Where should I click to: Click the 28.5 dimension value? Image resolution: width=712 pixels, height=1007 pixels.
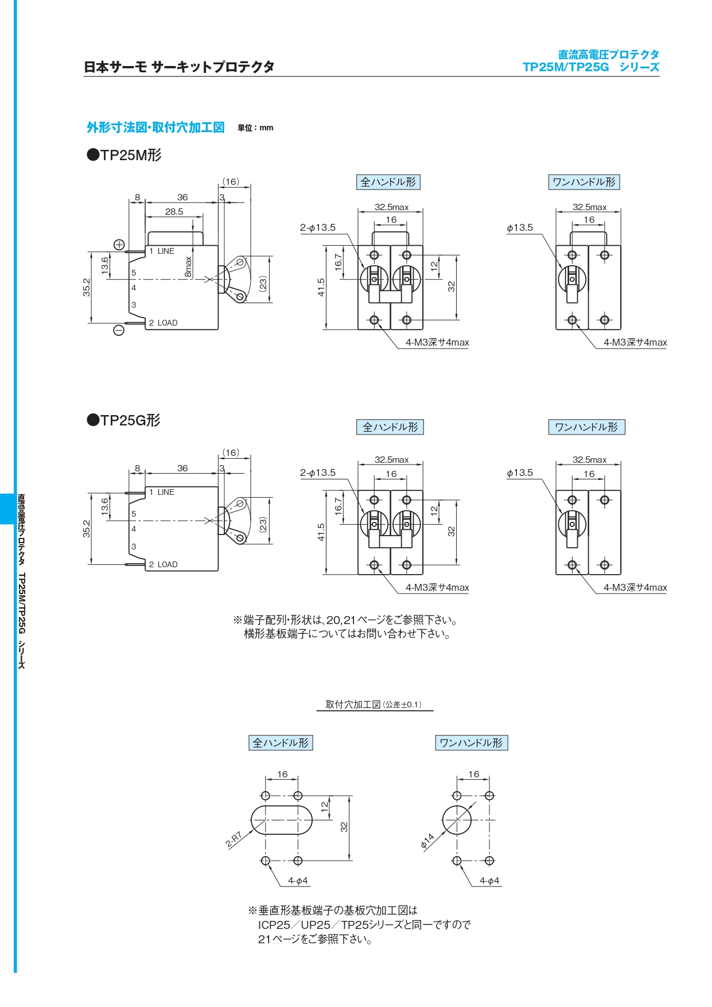click(174, 211)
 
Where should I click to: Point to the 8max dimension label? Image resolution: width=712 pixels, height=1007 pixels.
click(188, 267)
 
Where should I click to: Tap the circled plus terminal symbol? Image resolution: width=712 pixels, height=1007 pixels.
click(119, 245)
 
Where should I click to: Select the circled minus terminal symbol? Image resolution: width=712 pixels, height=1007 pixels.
click(119, 330)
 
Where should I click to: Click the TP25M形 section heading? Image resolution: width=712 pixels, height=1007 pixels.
click(124, 155)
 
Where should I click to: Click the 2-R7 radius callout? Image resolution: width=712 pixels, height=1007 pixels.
click(234, 839)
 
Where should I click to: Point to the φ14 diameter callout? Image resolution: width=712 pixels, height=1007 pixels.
click(427, 841)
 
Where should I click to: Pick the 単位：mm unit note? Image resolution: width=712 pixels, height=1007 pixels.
click(255, 128)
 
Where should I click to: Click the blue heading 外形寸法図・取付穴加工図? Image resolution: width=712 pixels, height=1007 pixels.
click(155, 127)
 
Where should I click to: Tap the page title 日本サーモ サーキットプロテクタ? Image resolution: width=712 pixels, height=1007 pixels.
click(179, 67)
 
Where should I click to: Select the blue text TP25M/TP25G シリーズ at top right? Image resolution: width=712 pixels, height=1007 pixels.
click(591, 67)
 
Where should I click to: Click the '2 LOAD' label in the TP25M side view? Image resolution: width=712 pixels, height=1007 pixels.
click(163, 323)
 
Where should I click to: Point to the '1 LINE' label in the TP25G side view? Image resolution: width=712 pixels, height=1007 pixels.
click(162, 492)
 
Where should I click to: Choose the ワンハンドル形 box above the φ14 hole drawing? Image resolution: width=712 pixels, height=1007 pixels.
click(471, 743)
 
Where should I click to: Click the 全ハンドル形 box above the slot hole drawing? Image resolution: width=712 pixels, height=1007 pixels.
click(281, 743)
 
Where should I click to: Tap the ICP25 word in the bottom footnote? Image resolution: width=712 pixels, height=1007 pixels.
click(274, 925)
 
